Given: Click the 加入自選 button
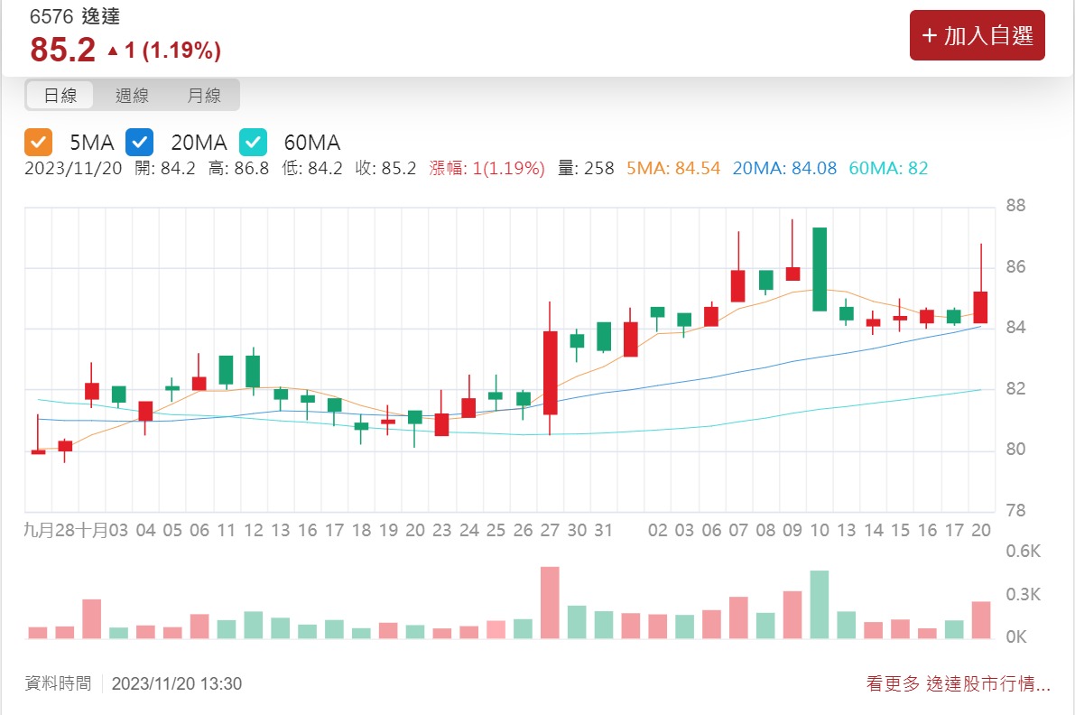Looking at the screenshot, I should tap(977, 35).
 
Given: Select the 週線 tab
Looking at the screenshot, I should tap(132, 95).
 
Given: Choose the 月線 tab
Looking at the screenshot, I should tap(204, 95).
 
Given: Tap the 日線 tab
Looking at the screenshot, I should tap(61, 95).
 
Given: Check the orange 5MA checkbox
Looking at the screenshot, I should tap(39, 142).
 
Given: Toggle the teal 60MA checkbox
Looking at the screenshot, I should tap(254, 142).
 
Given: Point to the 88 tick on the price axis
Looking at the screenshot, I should tap(1016, 206).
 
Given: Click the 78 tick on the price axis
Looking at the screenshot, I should tap(1016, 511).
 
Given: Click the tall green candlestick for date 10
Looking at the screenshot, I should tap(820, 269).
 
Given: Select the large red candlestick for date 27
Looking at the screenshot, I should tap(551, 372).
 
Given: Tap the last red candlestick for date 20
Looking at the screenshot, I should tap(980, 307).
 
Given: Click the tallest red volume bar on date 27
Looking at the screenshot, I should tap(550, 602).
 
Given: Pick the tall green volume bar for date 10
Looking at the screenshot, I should tap(820, 604).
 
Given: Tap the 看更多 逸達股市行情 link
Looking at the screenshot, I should tap(958, 684).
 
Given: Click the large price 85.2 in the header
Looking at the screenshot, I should tap(62, 51).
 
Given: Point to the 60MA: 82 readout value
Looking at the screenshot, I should tap(888, 168).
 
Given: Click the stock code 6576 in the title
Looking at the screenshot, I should tap(50, 17).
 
